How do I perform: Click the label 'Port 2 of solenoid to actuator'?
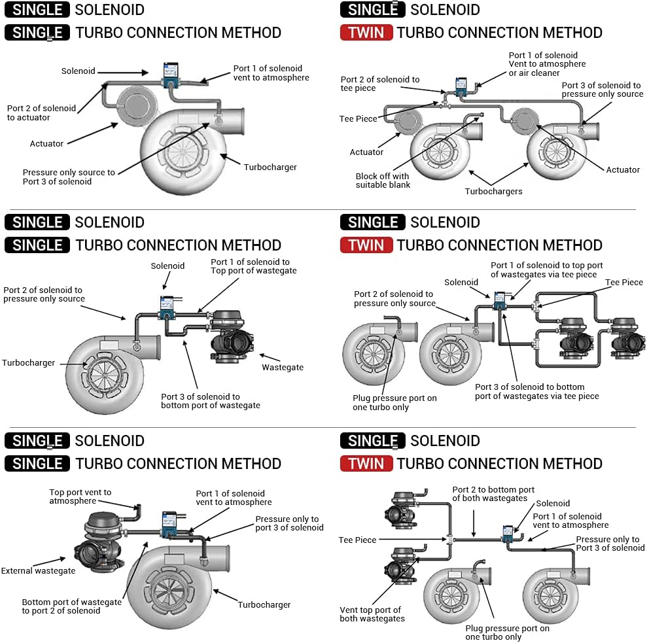click(41, 113)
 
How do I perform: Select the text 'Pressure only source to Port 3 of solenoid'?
click(69, 177)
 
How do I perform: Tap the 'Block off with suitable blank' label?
click(383, 180)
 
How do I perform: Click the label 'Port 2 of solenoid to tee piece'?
click(380, 84)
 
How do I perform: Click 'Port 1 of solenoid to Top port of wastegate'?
click(253, 266)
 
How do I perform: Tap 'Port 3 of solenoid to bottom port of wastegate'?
click(210, 401)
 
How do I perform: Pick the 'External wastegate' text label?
click(38, 570)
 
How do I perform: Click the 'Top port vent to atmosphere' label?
click(80, 496)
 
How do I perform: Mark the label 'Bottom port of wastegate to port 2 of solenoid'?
click(71, 606)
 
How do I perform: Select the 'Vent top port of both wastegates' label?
click(372, 614)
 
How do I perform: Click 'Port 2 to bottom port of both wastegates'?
click(493, 494)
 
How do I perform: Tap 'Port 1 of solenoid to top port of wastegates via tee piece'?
click(546, 269)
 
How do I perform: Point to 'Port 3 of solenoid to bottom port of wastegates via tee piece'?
click(536, 391)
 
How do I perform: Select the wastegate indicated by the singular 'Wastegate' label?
click(230, 336)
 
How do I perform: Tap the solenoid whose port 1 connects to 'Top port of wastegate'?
click(169, 305)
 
